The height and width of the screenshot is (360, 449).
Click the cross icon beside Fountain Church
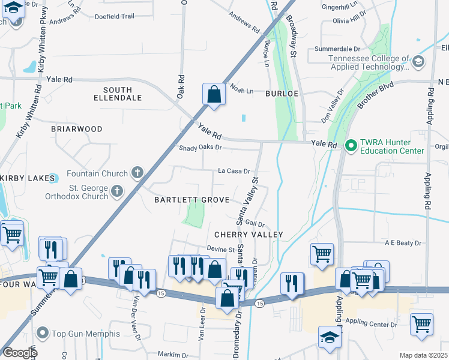(x=137, y=174)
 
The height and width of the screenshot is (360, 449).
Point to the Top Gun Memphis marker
(x=42, y=333)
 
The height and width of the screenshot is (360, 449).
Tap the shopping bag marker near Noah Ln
(x=214, y=94)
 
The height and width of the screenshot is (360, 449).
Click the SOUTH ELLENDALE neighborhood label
(x=118, y=92)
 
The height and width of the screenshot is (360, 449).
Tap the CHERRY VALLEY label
(x=248, y=234)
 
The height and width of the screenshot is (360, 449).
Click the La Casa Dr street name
(x=234, y=171)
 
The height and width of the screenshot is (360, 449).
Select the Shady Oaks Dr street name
(x=200, y=148)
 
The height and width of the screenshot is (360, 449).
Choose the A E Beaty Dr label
(x=403, y=243)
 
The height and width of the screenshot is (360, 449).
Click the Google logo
(x=19, y=353)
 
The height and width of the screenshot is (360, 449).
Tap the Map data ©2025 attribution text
(x=423, y=355)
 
